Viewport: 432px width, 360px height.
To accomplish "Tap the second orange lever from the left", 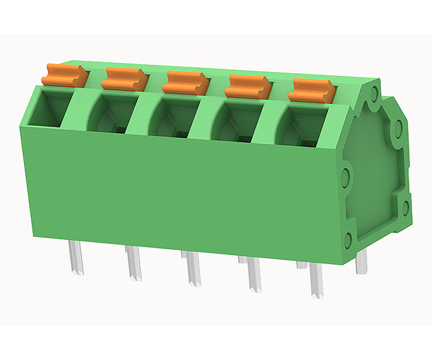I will pos(125,78).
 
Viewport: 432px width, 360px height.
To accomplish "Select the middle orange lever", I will pos(186,82).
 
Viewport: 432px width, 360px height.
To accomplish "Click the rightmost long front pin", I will pos(317,282).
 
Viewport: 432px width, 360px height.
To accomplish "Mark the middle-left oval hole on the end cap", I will pos(345,175).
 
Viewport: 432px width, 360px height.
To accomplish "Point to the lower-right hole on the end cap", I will pos(405,208).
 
